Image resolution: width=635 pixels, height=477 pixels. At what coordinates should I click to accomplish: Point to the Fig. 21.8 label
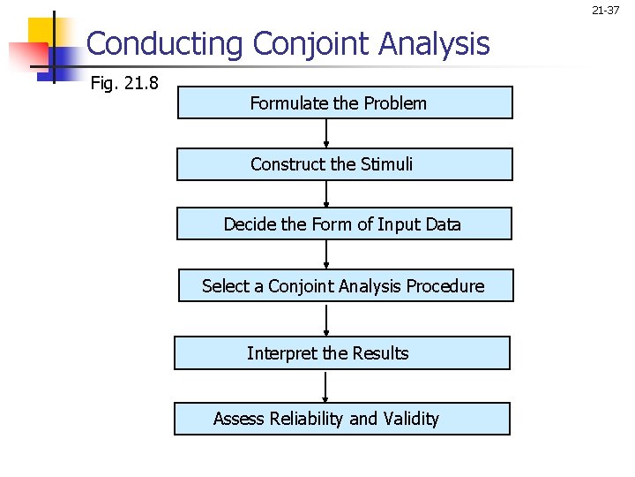coord(125,85)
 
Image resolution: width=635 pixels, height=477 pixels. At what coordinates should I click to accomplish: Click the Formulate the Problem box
coord(345,102)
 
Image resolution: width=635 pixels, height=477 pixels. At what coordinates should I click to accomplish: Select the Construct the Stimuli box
coord(345,164)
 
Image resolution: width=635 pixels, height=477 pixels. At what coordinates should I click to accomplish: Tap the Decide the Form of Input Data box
coord(344,223)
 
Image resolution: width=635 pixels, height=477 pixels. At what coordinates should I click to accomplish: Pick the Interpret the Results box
coord(342,353)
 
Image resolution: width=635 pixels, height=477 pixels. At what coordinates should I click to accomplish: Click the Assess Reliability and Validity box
coord(342,419)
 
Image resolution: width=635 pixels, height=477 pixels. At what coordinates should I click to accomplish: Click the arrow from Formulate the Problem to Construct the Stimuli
coord(326,133)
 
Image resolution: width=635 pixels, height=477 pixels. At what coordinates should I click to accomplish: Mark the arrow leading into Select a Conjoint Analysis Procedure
coord(326,254)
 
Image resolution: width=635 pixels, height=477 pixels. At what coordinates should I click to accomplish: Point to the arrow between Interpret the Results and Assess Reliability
coord(325,386)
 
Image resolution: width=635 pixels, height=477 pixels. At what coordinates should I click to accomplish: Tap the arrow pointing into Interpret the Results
coord(326,319)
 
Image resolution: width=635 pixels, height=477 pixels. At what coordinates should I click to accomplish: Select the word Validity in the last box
coord(411,419)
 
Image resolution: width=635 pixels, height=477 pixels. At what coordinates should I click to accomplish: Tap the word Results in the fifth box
coord(381,353)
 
